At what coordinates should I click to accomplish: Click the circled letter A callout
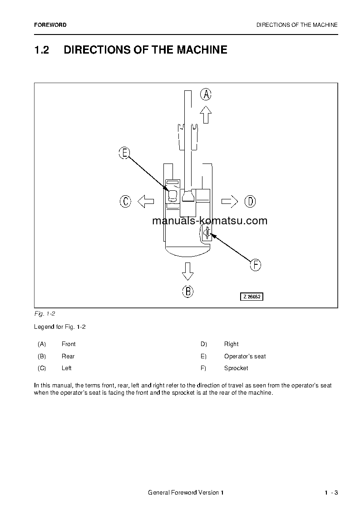point(206,94)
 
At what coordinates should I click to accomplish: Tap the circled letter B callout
point(187,291)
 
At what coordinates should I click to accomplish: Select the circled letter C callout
point(125,201)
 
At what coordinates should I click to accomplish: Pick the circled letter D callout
point(250,201)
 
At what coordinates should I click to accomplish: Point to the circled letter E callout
point(124,153)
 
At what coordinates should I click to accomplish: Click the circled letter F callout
point(256,265)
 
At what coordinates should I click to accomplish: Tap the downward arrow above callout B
point(187,271)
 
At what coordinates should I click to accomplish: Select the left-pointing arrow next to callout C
point(146,201)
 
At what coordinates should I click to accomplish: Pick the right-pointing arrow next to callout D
point(230,201)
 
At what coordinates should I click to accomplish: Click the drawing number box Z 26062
point(252,297)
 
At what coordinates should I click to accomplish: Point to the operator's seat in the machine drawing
point(173,196)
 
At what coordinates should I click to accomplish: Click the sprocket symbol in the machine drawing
point(207,234)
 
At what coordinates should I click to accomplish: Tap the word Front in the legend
point(69,344)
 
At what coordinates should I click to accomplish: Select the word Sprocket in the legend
point(236,368)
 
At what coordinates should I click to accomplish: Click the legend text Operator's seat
point(245,357)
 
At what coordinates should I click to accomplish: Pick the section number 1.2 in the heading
point(42,50)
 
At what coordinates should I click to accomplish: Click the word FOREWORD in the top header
point(50,25)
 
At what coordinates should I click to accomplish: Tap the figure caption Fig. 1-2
point(44,314)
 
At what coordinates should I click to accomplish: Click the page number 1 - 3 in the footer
point(331,493)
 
